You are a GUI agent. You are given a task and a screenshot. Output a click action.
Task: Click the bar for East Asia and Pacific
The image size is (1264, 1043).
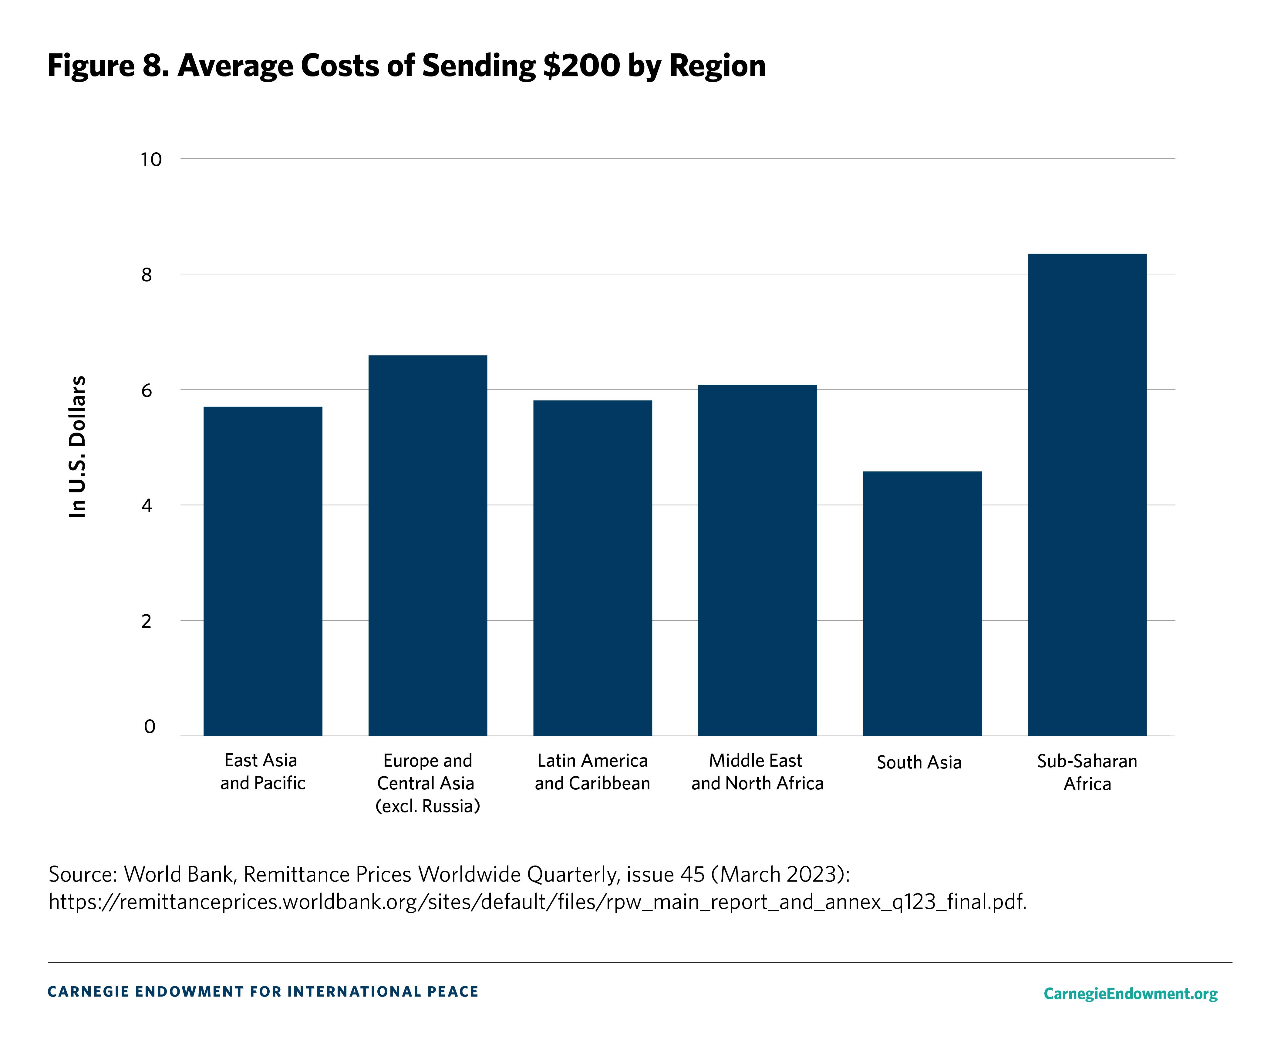262,571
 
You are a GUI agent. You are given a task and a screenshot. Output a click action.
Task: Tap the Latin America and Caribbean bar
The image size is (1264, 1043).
592,568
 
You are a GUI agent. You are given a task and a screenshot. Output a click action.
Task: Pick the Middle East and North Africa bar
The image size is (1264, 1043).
757,560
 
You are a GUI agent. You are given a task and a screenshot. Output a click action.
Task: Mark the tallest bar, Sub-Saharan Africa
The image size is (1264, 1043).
1087,494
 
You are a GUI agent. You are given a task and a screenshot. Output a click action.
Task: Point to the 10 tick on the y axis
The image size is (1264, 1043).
151,160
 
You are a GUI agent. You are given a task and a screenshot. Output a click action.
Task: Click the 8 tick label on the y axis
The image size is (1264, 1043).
147,275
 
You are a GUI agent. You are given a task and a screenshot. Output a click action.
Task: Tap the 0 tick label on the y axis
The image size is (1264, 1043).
150,727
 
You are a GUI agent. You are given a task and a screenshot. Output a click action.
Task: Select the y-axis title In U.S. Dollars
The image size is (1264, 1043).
77,446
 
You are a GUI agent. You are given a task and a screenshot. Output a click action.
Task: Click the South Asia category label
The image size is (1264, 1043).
919,762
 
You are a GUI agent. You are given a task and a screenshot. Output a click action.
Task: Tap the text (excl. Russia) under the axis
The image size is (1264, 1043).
427,806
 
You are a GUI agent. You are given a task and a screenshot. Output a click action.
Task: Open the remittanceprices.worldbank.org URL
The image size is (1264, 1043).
537,902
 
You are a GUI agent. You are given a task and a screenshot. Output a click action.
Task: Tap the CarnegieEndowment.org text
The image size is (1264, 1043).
1130,994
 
